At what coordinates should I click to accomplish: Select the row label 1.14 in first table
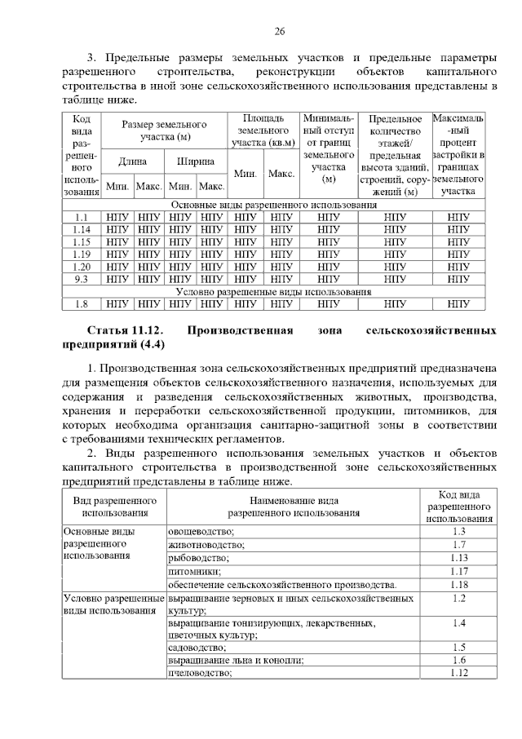(81, 229)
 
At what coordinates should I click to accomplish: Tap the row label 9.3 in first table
(81, 278)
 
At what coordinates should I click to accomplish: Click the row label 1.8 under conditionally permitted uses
(81, 303)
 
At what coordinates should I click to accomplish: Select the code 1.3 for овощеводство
(458, 531)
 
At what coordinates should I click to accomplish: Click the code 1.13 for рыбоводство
(458, 558)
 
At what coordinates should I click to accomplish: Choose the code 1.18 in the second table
(458, 585)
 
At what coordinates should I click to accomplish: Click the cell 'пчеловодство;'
(200, 673)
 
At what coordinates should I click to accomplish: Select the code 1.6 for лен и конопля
(458, 660)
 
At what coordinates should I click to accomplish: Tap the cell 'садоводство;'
(197, 647)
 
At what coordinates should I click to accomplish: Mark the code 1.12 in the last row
(458, 673)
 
